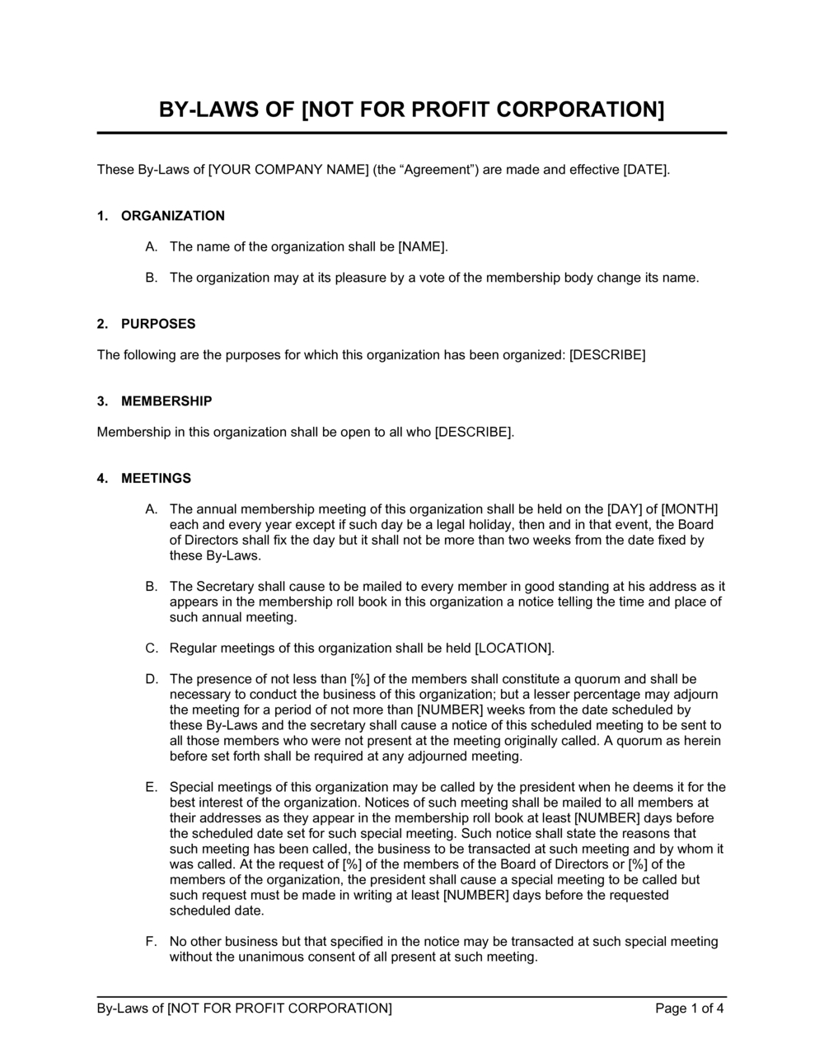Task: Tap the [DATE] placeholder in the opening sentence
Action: (646, 170)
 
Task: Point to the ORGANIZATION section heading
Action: (172, 216)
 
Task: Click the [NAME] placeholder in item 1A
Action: (422, 246)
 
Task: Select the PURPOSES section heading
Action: (158, 324)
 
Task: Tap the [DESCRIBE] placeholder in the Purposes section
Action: (607, 355)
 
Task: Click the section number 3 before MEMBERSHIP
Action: (101, 401)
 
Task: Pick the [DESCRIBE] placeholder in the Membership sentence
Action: (473, 432)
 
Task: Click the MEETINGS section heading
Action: (156, 478)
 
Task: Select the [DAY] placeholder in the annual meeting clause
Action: (624, 509)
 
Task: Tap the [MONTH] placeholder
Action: (690, 509)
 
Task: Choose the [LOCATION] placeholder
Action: (513, 649)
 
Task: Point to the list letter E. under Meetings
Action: (151, 787)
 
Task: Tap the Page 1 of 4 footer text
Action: (690, 1008)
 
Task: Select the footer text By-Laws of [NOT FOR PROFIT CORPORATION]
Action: (244, 1008)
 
